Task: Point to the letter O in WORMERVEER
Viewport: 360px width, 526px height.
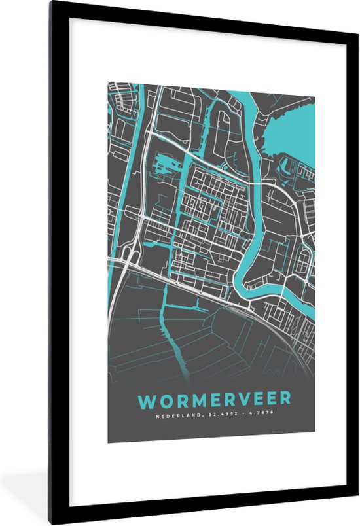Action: [163, 399]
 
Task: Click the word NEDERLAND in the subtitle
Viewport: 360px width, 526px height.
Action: [175, 413]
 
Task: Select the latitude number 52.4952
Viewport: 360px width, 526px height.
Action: [217, 413]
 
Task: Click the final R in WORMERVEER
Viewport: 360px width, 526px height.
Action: [285, 399]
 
